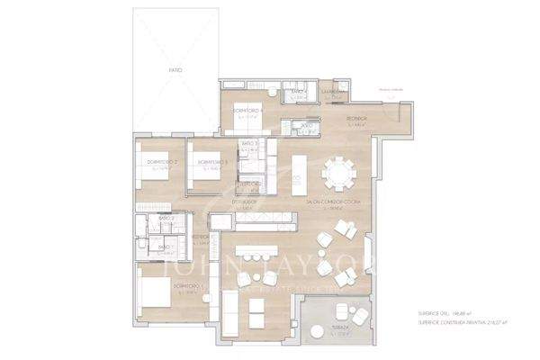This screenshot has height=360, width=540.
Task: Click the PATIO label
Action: [x=175, y=69]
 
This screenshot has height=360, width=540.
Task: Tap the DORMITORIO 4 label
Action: [x=247, y=111]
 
